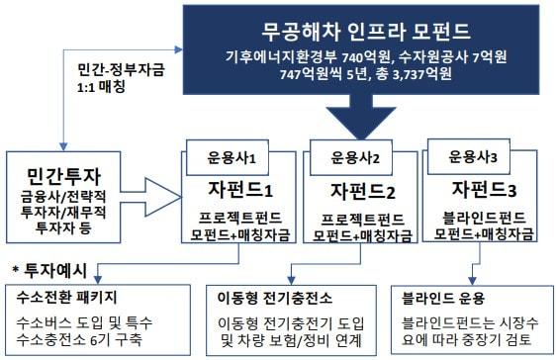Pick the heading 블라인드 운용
click(x=446, y=296)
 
